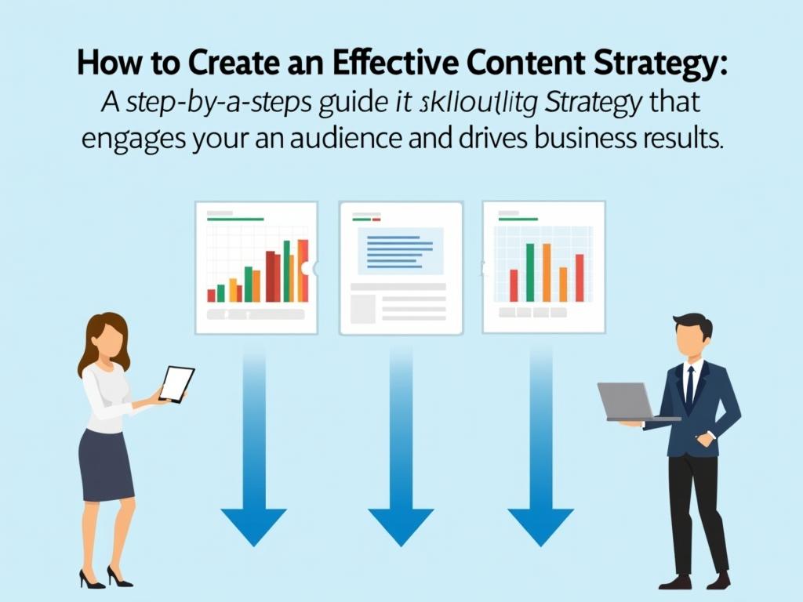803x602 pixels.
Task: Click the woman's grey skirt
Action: (106, 466)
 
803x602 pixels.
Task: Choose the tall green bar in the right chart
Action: (531, 272)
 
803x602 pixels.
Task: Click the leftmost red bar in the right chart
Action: (514, 285)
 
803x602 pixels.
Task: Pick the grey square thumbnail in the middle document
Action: (362, 309)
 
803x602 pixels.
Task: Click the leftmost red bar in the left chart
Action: (211, 295)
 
